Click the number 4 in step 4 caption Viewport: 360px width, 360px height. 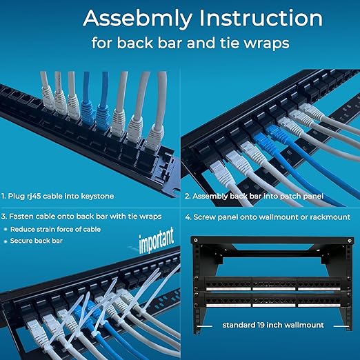click(189, 217)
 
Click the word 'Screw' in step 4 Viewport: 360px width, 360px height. click(208, 217)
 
